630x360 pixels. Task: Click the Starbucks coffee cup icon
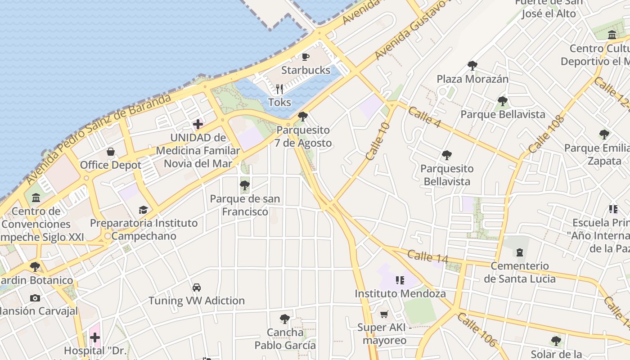click(x=306, y=57)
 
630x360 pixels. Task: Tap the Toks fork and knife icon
click(x=279, y=89)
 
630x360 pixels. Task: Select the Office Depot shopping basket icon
click(x=111, y=152)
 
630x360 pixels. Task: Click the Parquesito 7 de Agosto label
click(x=304, y=137)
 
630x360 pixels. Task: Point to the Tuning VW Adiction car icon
click(x=197, y=287)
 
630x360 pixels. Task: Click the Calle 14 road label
click(x=428, y=256)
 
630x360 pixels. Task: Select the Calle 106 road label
click(x=477, y=330)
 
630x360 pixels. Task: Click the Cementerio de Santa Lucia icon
click(x=520, y=252)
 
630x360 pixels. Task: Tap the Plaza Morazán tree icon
click(x=472, y=66)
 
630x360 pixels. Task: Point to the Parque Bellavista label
click(x=503, y=114)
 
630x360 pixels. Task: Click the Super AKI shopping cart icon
click(x=384, y=314)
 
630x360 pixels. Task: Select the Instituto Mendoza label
click(x=400, y=294)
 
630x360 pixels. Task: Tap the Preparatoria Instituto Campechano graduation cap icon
click(x=143, y=210)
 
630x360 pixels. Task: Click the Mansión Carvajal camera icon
click(x=35, y=298)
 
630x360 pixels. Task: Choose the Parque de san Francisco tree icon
click(x=245, y=185)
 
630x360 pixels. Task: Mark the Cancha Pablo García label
click(x=285, y=339)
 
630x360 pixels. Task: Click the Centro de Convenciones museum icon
click(x=36, y=198)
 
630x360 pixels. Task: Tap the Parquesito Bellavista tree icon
click(x=447, y=155)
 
